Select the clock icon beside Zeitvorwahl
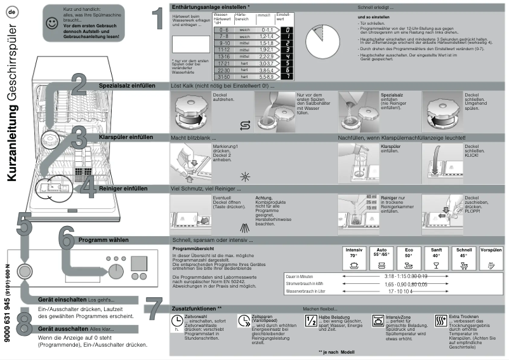tap(176, 320)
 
